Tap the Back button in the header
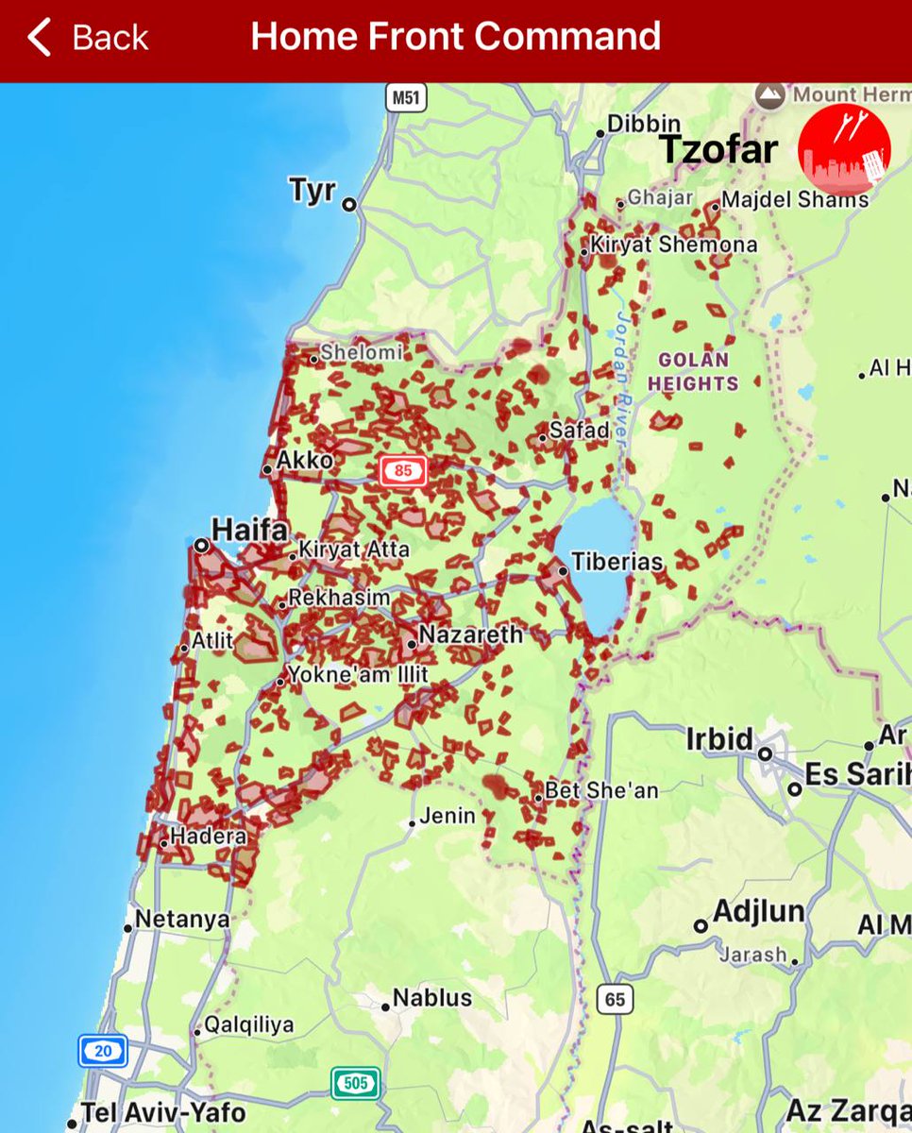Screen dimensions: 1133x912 pyautogui.click(x=88, y=38)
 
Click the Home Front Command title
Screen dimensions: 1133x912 pyautogui.click(x=455, y=37)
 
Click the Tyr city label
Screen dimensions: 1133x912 pyautogui.click(x=312, y=191)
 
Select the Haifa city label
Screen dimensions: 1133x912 pyautogui.click(x=249, y=530)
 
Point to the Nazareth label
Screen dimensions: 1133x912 pyautogui.click(x=470, y=634)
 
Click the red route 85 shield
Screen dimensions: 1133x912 pyautogui.click(x=403, y=469)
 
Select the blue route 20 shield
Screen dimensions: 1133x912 pyautogui.click(x=102, y=1050)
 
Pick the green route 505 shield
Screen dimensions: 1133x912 pyautogui.click(x=355, y=1082)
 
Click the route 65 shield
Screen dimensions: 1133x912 pyautogui.click(x=616, y=1000)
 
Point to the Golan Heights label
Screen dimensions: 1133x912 pyautogui.click(x=694, y=372)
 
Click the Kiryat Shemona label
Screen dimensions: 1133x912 pyautogui.click(x=674, y=245)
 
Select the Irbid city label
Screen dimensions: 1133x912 pyautogui.click(x=719, y=739)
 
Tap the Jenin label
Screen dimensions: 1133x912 pyautogui.click(x=448, y=816)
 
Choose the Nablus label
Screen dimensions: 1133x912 pyautogui.click(x=431, y=998)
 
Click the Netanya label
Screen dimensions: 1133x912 pyautogui.click(x=182, y=919)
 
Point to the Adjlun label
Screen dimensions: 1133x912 pyautogui.click(x=759, y=912)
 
